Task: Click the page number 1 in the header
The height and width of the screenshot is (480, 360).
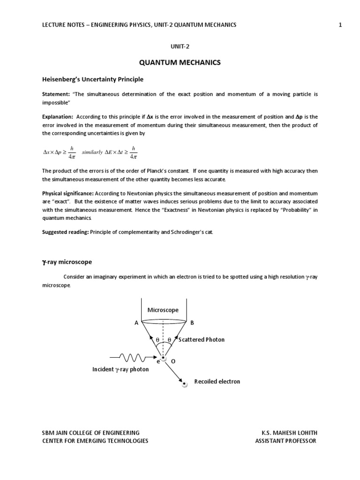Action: click(x=340, y=25)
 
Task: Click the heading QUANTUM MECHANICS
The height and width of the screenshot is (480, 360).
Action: click(x=180, y=63)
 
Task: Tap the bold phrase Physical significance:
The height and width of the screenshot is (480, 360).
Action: click(x=67, y=194)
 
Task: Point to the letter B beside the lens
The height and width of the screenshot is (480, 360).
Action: click(x=192, y=322)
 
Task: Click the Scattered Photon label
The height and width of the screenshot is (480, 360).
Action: click(x=202, y=339)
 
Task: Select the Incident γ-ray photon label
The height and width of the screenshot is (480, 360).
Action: click(x=120, y=369)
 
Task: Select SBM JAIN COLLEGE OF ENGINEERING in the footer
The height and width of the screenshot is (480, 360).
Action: click(x=90, y=433)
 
